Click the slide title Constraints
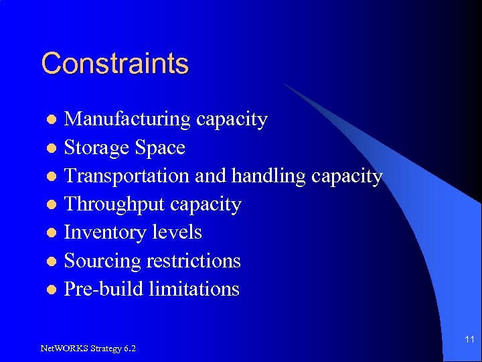pos(114,64)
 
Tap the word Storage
pos(96,147)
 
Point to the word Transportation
pos(127,176)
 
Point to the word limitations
pos(194,289)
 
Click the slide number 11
pos(469,340)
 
